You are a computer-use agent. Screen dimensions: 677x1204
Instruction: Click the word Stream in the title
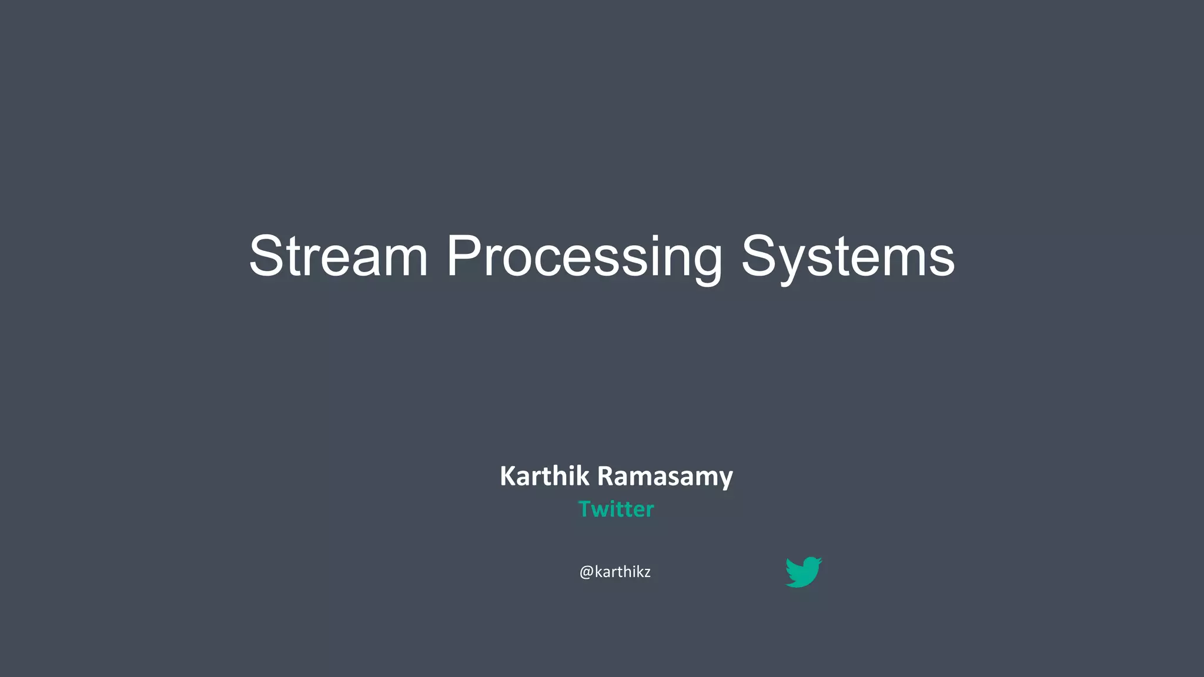pos(338,256)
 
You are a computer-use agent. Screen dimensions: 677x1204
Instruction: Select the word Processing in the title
pos(584,256)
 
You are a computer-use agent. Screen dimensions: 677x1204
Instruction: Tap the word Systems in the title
pos(848,256)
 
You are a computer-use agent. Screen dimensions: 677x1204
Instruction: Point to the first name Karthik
pos(544,476)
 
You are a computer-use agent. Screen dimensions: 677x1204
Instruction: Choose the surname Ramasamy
pos(665,476)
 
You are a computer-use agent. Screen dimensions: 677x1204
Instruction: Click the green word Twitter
pos(616,509)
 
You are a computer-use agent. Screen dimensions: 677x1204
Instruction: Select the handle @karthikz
pos(615,572)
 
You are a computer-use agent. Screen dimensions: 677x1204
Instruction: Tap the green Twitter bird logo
pos(803,572)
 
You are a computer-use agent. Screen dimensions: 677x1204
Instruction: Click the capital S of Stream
pos(267,256)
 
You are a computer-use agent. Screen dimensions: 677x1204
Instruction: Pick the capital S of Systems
pos(759,256)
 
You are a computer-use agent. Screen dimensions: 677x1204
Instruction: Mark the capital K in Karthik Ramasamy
pos(507,476)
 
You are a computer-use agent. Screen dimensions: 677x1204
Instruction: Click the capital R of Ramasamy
pos(606,476)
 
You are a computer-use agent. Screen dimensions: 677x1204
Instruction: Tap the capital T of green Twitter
pos(586,509)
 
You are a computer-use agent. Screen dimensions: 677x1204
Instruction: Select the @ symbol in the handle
pos(586,572)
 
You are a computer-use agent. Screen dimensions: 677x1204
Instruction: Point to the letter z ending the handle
pos(647,573)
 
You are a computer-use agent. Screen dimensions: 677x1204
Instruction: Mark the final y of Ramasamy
pos(727,480)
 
